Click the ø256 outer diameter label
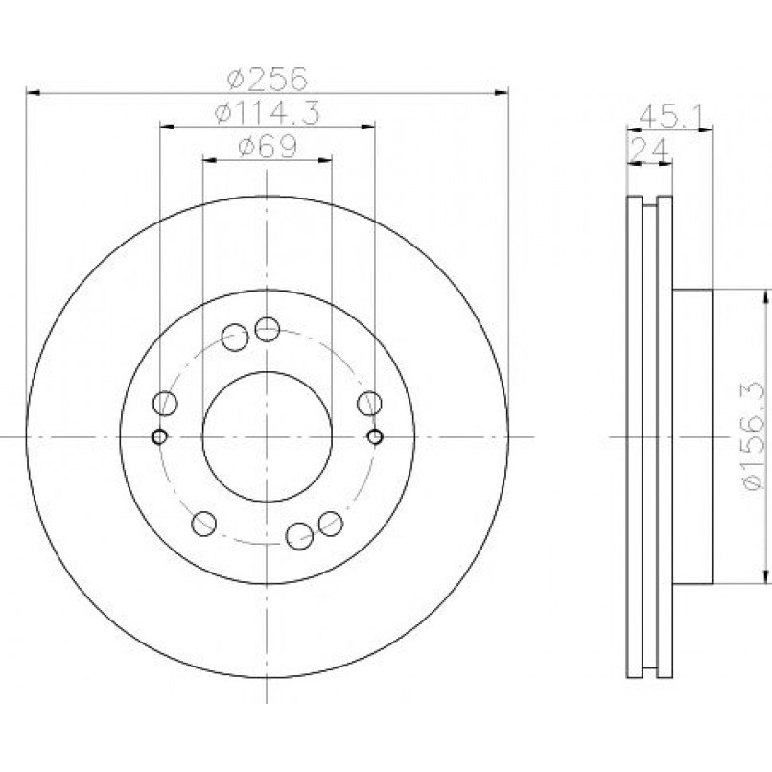[268, 79]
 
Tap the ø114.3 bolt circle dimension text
[268, 113]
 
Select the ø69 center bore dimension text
[268, 146]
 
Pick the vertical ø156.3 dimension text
[753, 435]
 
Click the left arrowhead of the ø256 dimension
[33, 93]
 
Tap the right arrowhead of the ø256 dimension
[502, 93]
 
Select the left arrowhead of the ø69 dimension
[210, 160]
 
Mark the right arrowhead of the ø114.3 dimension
[368, 127]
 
